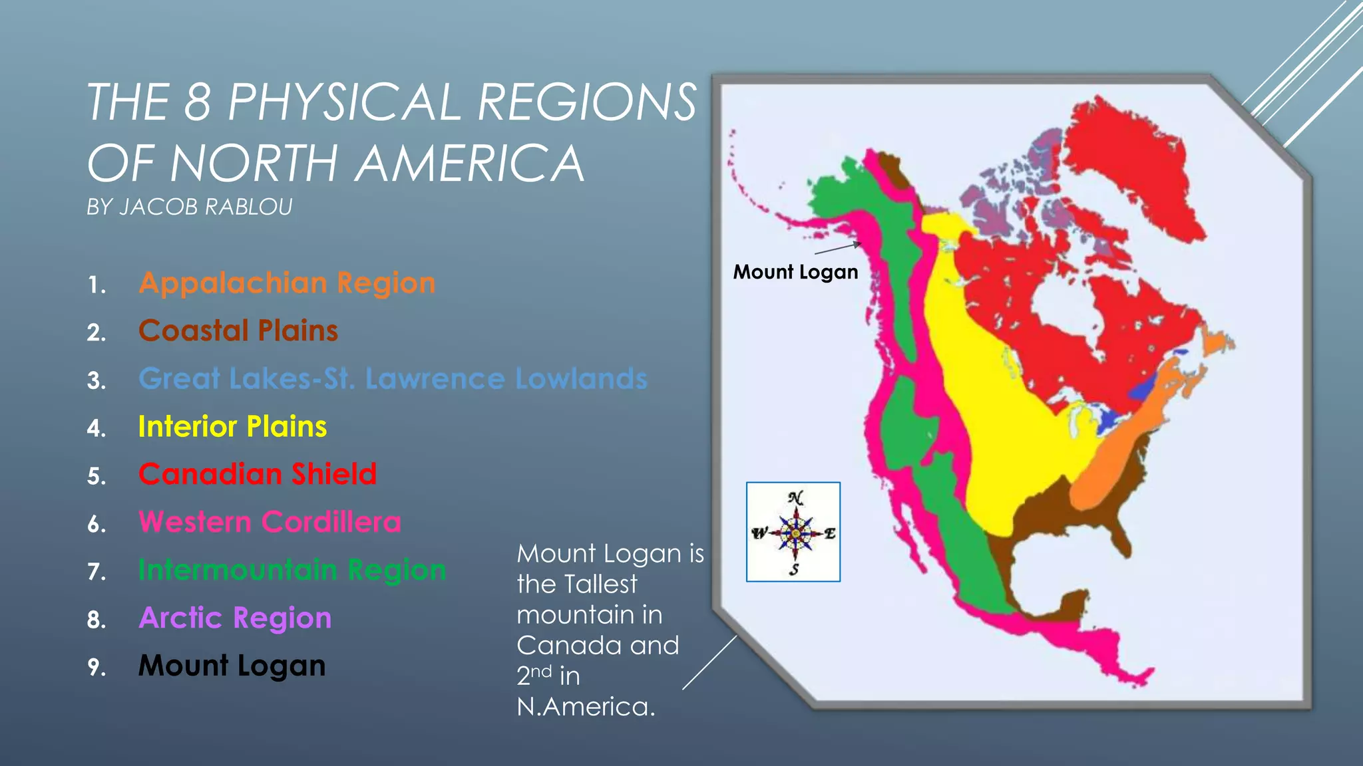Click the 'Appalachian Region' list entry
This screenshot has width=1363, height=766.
287,284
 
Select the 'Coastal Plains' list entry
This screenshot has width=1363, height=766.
238,331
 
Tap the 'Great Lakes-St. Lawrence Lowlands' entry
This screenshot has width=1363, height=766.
393,379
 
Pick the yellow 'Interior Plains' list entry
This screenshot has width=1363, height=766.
232,427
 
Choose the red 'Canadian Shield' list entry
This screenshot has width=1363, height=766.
258,475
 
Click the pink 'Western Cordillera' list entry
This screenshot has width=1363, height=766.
270,523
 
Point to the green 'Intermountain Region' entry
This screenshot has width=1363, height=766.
292,571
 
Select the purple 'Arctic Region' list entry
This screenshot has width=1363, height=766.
235,618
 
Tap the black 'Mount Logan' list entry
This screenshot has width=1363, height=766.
232,666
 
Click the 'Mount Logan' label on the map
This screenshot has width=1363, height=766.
795,273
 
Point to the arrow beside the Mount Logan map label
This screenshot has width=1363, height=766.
838,249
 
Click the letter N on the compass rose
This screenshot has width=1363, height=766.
795,498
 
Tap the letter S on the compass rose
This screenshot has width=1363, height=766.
794,569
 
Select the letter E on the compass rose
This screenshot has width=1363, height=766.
830,533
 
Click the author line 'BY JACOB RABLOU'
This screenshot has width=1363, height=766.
190,207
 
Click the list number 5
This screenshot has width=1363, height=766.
97,477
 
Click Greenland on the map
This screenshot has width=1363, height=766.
1131,166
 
